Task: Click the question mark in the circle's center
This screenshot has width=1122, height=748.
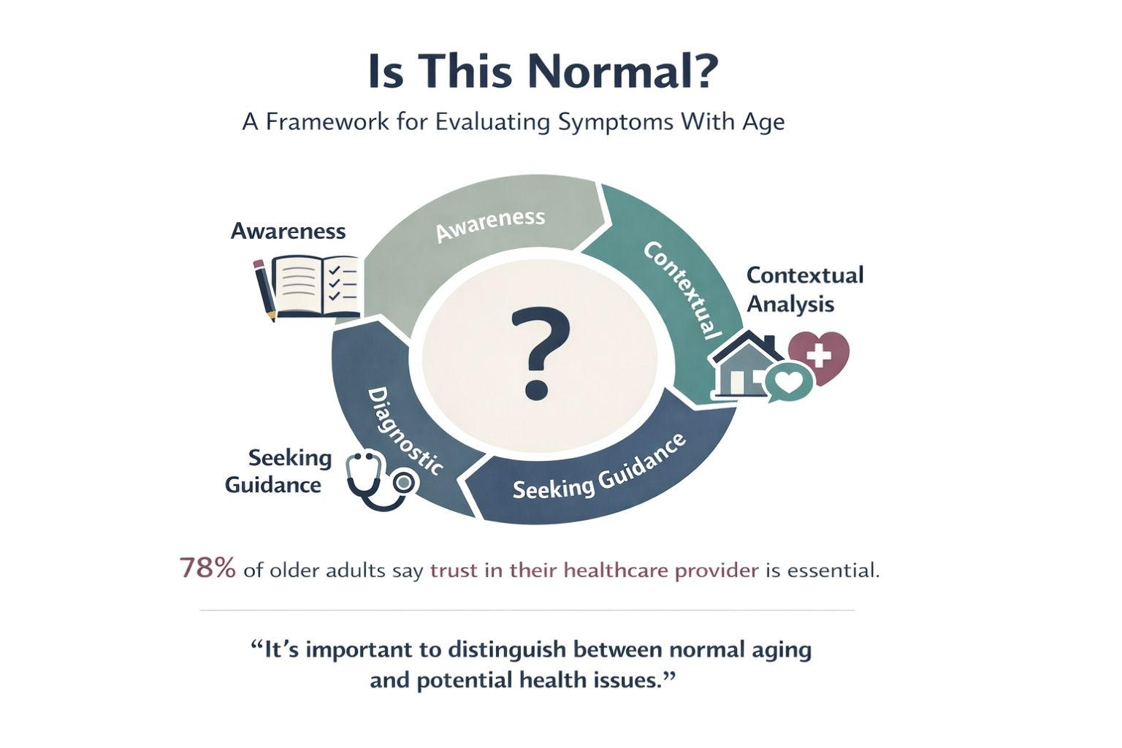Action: pos(540,354)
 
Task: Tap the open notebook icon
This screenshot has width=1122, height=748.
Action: pos(318,287)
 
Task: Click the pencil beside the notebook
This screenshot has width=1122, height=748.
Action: pos(264,290)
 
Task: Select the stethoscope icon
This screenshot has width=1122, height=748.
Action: pos(381,479)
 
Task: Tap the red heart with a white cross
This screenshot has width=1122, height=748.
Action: pos(819,356)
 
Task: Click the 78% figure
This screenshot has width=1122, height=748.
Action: pos(207,569)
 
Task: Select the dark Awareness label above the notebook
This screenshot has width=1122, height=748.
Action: pos(288,231)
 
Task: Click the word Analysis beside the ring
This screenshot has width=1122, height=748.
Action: pos(790,304)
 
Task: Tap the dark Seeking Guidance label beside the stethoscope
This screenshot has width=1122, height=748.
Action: pos(278,471)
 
